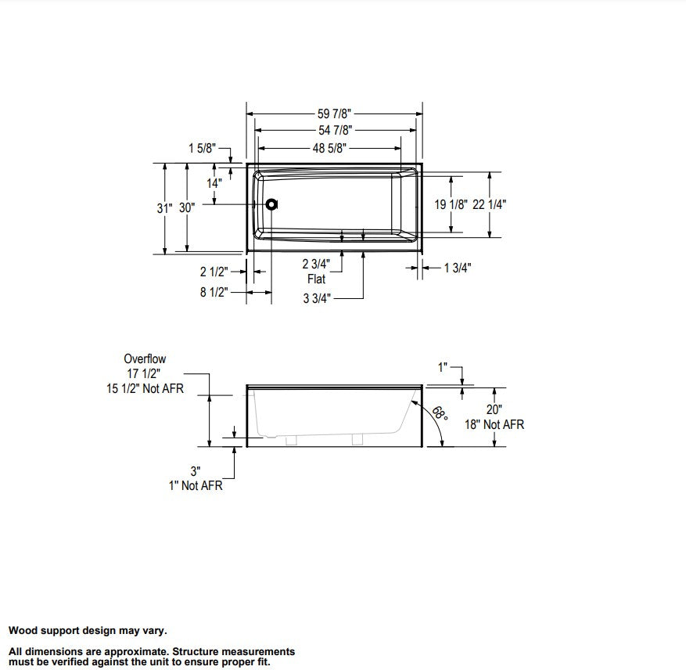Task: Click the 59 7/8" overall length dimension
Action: [x=334, y=113]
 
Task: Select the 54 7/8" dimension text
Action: [x=335, y=131]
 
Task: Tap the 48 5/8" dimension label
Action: [x=329, y=149]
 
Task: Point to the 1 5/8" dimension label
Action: [x=202, y=149]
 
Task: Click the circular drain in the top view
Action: [x=271, y=204]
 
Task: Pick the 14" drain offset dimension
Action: [x=214, y=183]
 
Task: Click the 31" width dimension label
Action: [x=164, y=208]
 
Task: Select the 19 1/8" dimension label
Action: [x=451, y=204]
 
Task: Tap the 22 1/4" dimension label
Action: [x=489, y=204]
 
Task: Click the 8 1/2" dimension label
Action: [x=214, y=292]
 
